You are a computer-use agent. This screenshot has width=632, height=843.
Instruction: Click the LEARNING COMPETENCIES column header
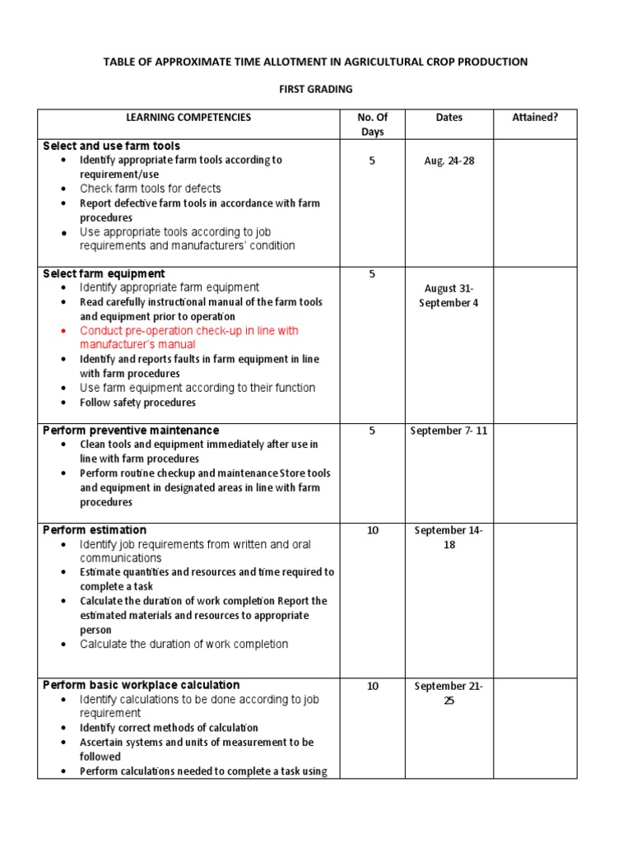tap(188, 118)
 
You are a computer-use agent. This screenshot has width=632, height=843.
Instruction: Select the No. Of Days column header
tap(372, 124)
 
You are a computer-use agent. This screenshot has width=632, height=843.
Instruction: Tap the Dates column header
tap(449, 118)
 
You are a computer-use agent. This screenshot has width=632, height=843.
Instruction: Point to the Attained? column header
tap(535, 118)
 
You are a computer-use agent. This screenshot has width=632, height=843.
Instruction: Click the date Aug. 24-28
tap(449, 161)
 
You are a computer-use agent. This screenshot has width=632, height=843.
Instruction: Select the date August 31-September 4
tap(449, 296)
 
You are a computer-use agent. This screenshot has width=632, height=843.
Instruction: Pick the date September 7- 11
tap(449, 431)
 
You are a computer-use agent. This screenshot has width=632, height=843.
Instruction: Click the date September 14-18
tap(449, 538)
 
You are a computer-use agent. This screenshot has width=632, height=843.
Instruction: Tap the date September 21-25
tap(449, 693)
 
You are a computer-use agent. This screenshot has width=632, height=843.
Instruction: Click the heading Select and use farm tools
tap(111, 146)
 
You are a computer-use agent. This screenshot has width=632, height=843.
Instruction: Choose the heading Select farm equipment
tap(104, 273)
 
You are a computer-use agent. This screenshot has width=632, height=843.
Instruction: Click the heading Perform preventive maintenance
tap(131, 431)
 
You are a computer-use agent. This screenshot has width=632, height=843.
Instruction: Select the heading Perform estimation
tap(95, 530)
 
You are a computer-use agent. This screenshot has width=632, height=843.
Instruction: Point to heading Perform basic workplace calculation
tap(142, 685)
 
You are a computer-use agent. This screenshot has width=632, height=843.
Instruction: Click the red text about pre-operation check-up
tap(188, 338)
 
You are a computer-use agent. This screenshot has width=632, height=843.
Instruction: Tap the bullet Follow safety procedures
tap(137, 403)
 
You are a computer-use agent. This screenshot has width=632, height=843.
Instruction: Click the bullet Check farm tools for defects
tap(150, 189)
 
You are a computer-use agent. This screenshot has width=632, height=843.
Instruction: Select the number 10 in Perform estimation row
tap(372, 530)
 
